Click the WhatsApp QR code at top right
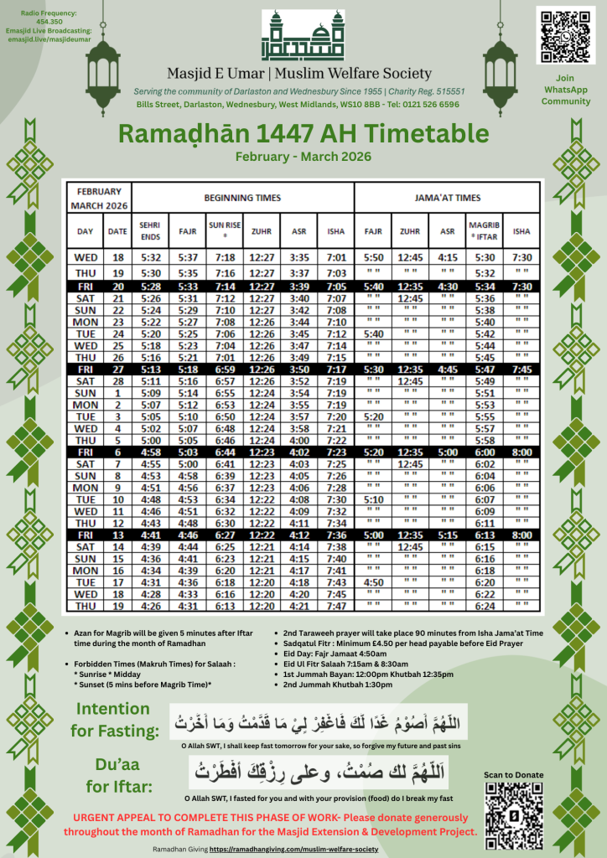tap(565, 34)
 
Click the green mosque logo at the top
tap(303, 35)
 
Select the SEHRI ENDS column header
tap(150, 230)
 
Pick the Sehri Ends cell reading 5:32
tap(150, 257)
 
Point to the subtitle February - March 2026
tap(303, 157)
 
